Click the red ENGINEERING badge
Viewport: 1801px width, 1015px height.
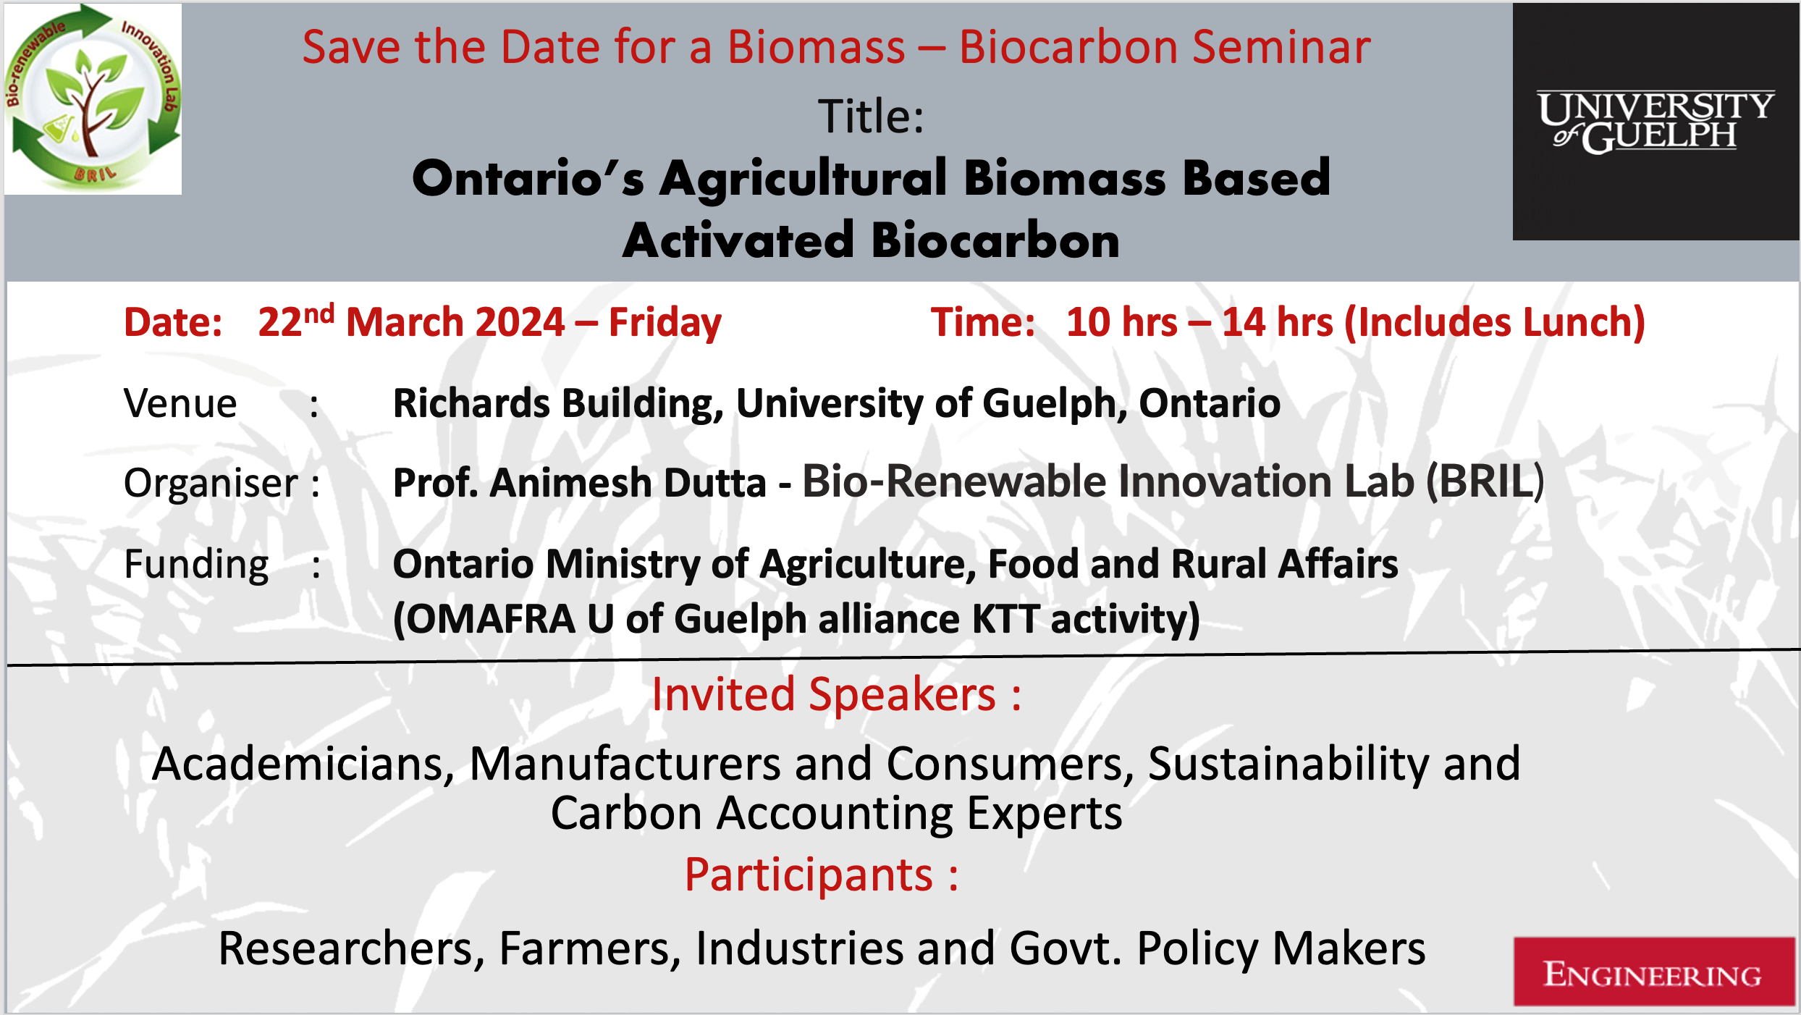pyautogui.click(x=1653, y=973)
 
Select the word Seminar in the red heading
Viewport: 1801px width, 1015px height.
pyautogui.click(x=1281, y=48)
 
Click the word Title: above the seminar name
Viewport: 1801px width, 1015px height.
pyautogui.click(x=871, y=117)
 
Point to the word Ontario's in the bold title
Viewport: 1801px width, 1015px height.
pyautogui.click(x=528, y=179)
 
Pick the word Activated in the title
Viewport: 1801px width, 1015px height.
pyautogui.click(x=738, y=241)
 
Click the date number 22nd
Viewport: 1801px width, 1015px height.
pyautogui.click(x=295, y=321)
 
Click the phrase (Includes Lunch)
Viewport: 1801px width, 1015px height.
pyautogui.click(x=1494, y=322)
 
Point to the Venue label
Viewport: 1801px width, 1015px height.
pyautogui.click(x=180, y=404)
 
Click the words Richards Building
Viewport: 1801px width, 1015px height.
pyautogui.click(x=557, y=403)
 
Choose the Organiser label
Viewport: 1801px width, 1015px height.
pyautogui.click(x=211, y=484)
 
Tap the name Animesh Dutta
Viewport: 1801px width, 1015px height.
pyautogui.click(x=627, y=483)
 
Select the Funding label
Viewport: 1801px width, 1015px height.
pyautogui.click(x=196, y=565)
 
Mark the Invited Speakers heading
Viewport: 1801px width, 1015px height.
pyautogui.click(x=836, y=695)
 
